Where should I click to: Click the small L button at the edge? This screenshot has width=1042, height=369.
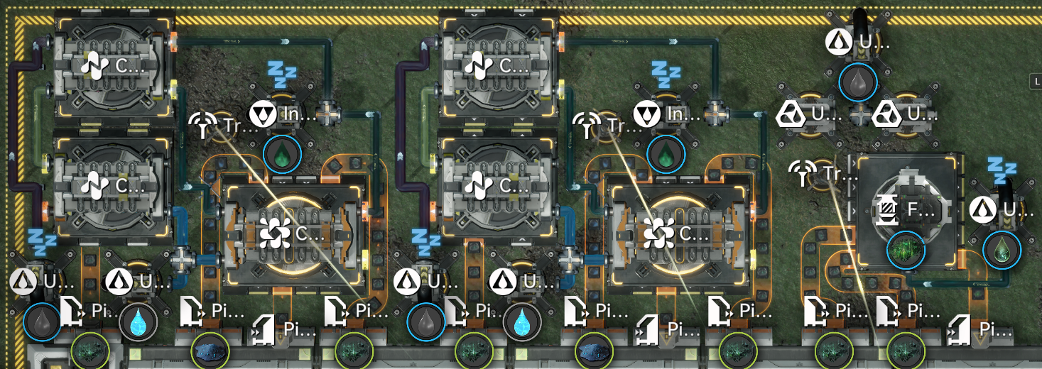tap(1036, 82)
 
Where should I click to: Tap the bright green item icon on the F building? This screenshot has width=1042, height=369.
tap(906, 249)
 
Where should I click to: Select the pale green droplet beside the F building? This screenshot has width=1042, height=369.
tap(1002, 249)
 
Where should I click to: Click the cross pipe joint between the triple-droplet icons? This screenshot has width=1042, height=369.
tap(859, 114)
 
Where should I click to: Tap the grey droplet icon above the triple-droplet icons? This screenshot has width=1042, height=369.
tap(858, 82)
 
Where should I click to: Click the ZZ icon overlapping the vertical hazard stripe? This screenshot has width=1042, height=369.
tap(42, 242)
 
